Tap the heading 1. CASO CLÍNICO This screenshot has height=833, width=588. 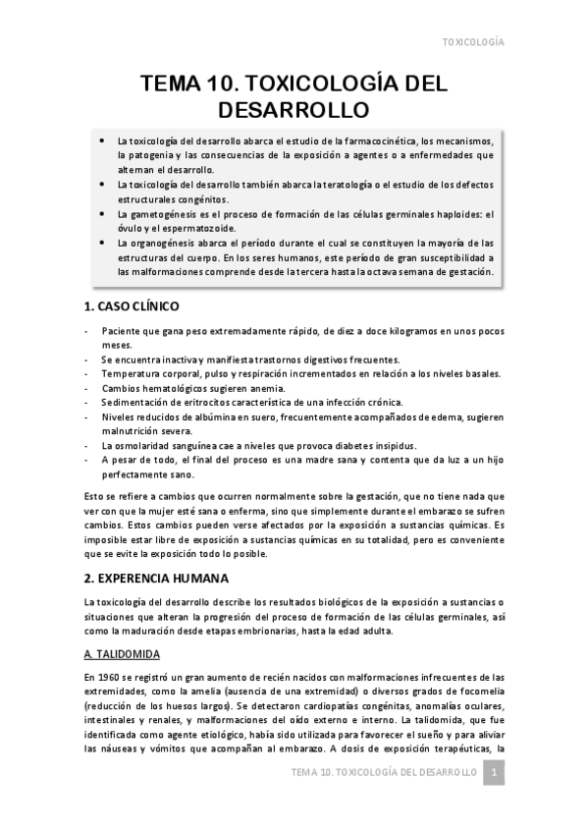(132, 306)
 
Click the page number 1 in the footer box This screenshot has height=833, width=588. (496, 774)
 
